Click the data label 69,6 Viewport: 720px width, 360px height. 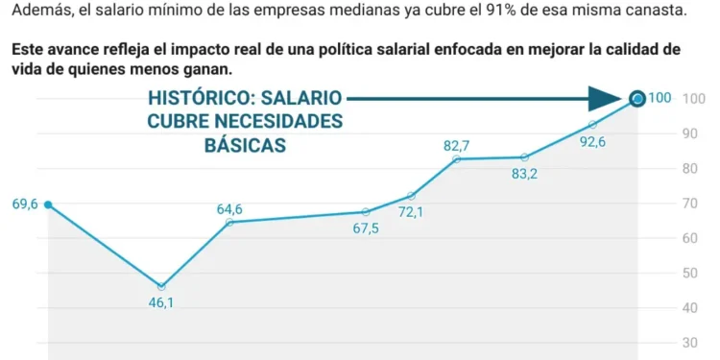click(x=24, y=204)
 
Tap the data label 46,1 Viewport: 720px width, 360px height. click(x=160, y=303)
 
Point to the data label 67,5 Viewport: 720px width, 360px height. click(x=366, y=228)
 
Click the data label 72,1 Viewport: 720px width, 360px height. click(x=411, y=211)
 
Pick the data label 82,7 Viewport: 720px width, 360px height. click(x=456, y=146)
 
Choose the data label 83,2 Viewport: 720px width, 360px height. click(x=524, y=174)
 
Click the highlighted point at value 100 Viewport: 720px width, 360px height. click(x=637, y=98)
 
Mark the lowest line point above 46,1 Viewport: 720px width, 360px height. click(x=161, y=286)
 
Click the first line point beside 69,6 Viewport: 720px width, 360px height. click(x=48, y=204)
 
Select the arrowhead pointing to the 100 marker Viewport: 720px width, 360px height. click(x=606, y=98)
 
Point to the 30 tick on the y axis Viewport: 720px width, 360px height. click(x=689, y=343)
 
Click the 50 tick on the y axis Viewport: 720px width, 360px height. click(x=689, y=274)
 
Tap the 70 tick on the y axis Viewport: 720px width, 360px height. click(x=689, y=204)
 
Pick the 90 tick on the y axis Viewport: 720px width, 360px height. click(x=689, y=133)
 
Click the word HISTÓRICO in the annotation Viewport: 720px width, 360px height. click(x=201, y=99)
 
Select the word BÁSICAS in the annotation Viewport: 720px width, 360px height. click(x=246, y=145)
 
